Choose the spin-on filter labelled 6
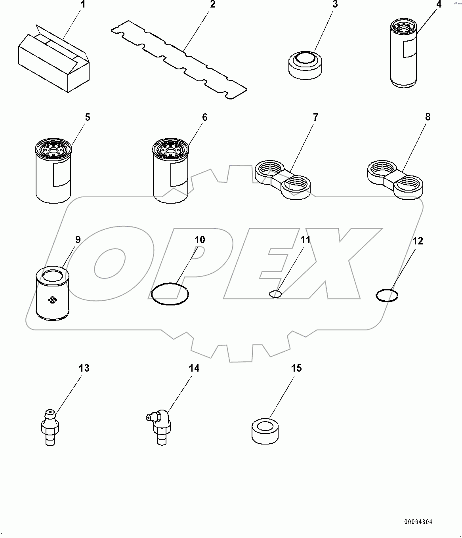[x=170, y=170]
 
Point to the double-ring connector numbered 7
[x=282, y=180]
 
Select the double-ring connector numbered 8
[x=395, y=180]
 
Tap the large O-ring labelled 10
[x=170, y=294]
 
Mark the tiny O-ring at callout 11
[x=275, y=294]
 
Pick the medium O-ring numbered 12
[x=387, y=296]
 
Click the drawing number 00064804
[x=418, y=522]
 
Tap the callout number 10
[x=200, y=240]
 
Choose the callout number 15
[x=296, y=368]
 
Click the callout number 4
[x=439, y=4]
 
